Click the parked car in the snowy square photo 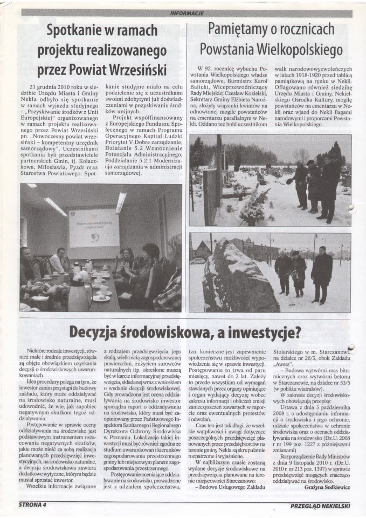pos(198,261)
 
